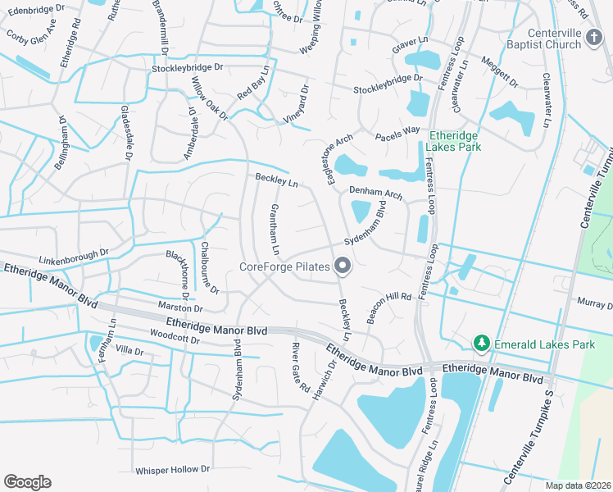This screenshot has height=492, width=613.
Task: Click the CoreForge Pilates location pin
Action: [x=343, y=266]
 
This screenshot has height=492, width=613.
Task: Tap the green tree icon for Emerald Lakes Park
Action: [x=483, y=344]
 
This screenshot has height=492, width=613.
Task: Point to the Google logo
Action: [x=27, y=482]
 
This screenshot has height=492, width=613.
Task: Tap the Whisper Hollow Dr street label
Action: [x=172, y=470]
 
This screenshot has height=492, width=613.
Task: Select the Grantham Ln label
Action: [x=276, y=229]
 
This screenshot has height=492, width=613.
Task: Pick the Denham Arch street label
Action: [x=375, y=192]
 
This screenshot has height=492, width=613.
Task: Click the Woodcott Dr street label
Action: [x=170, y=335]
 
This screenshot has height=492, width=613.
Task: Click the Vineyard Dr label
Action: [x=296, y=103]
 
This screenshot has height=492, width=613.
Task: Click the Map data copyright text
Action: [x=580, y=485]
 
